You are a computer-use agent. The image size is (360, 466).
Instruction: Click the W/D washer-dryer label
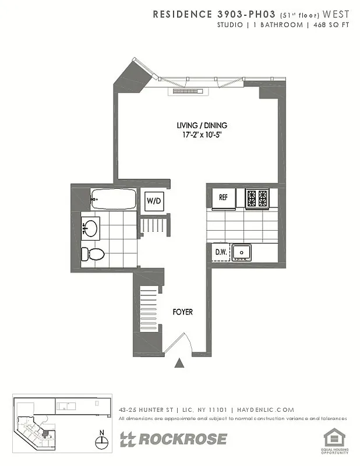[x=154, y=201]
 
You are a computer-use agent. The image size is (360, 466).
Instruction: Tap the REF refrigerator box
[x=223, y=197]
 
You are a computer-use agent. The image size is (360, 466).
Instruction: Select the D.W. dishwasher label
[x=220, y=252]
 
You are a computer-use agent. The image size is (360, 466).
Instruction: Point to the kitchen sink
[x=242, y=252]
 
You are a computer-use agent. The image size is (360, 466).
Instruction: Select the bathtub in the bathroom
[x=114, y=200]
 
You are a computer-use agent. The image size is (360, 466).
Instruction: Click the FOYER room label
[x=182, y=312]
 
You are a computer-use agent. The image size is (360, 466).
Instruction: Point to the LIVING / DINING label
[x=202, y=125]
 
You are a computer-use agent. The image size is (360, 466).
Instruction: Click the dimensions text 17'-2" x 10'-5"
[x=202, y=135]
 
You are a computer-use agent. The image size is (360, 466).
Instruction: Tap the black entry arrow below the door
[x=180, y=363]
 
